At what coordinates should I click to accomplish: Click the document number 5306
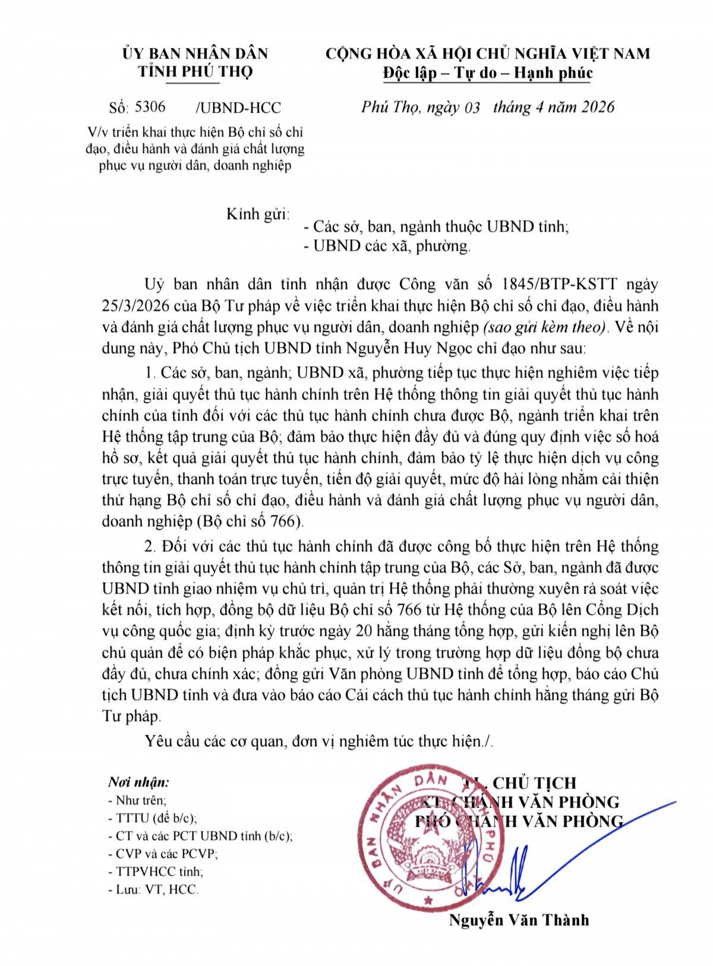point(150,107)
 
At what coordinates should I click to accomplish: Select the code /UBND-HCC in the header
point(238,108)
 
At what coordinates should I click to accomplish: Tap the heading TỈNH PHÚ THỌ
point(195,72)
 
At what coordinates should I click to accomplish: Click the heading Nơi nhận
point(138,782)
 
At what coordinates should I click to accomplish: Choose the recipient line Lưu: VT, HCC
point(153,889)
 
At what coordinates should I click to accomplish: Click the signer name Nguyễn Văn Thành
point(519,920)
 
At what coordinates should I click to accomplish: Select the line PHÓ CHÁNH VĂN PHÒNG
point(518,821)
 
